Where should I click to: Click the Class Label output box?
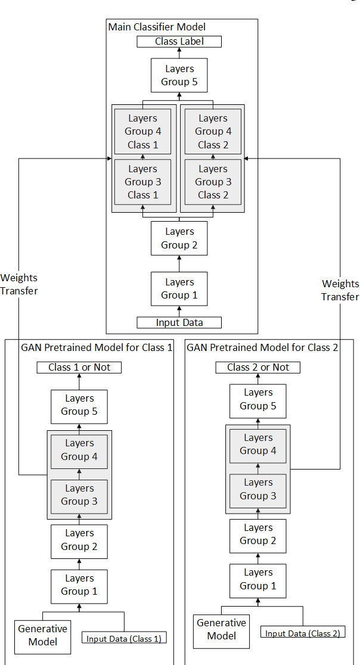click(x=179, y=42)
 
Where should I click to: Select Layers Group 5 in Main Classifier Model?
click(x=179, y=75)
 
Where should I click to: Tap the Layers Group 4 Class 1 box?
click(x=142, y=132)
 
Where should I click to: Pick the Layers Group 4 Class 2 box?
click(x=213, y=132)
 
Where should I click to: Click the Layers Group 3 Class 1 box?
click(x=142, y=182)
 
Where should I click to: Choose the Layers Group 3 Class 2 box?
click(x=213, y=182)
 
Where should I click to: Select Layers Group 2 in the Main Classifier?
click(x=179, y=238)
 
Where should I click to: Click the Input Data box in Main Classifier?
click(x=179, y=322)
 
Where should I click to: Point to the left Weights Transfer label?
click(x=19, y=284)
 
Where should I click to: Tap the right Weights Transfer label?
click(x=340, y=290)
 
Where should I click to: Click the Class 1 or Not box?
click(x=79, y=367)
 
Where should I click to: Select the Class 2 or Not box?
click(x=257, y=367)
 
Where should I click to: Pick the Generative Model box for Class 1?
click(x=42, y=635)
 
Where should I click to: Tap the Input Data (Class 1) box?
click(x=124, y=639)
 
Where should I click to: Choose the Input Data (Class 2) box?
click(x=302, y=633)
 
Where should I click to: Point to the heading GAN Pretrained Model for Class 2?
click(x=262, y=347)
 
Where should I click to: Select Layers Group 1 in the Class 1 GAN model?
click(x=79, y=585)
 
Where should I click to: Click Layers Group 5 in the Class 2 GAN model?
click(x=257, y=399)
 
